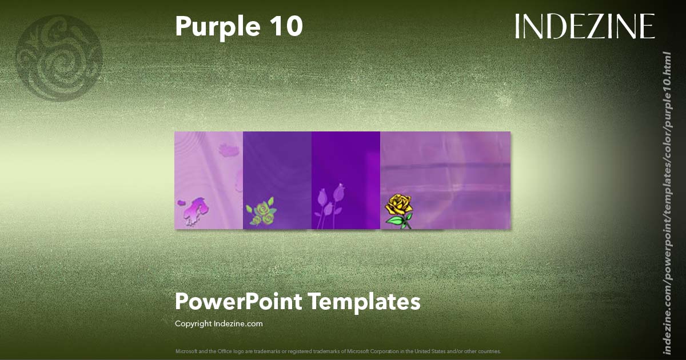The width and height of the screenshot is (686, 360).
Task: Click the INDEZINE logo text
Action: (x=584, y=26)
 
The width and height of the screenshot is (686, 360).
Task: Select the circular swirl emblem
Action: (x=59, y=58)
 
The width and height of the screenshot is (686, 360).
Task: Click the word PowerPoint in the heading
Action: (x=238, y=301)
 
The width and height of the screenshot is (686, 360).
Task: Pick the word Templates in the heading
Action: (x=365, y=301)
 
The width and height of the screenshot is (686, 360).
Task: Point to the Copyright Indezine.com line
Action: (x=218, y=323)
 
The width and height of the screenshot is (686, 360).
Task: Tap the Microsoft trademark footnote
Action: (x=338, y=351)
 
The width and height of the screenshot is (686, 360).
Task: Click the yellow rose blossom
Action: (x=398, y=205)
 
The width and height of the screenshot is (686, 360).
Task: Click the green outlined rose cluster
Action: (x=260, y=211)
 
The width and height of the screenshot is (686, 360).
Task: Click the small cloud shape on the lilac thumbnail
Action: (x=230, y=151)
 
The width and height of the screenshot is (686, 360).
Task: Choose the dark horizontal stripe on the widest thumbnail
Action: (x=446, y=167)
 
